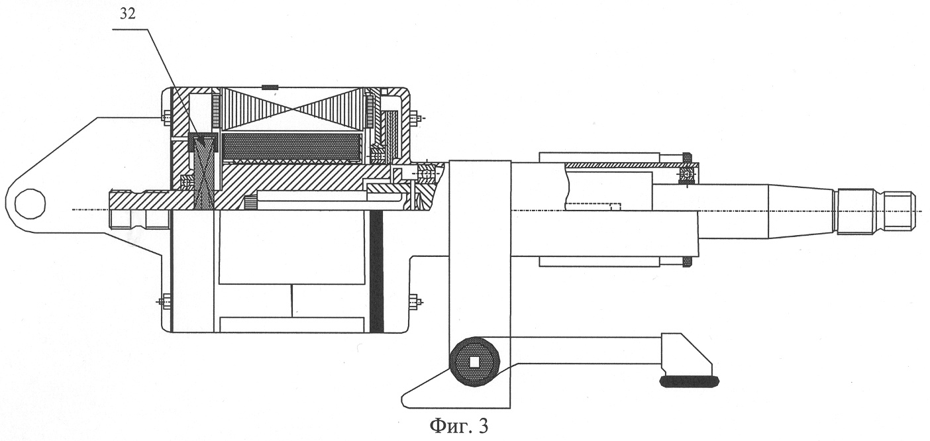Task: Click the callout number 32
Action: pos(128,15)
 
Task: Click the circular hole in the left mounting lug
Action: pos(30,203)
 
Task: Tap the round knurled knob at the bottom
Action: pos(474,362)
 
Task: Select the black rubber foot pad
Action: pos(690,381)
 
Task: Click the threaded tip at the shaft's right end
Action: pos(876,211)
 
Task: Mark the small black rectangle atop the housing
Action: pos(270,87)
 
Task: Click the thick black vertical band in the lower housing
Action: pos(376,271)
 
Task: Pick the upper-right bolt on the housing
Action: pos(415,119)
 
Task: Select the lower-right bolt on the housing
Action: pos(415,301)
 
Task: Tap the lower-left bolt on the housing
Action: pos(166,301)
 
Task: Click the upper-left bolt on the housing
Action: pos(166,119)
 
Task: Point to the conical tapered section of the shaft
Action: pos(801,211)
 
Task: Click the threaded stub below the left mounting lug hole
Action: pos(138,219)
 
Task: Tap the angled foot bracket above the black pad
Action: pos(685,353)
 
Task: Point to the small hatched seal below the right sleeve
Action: pos(687,262)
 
